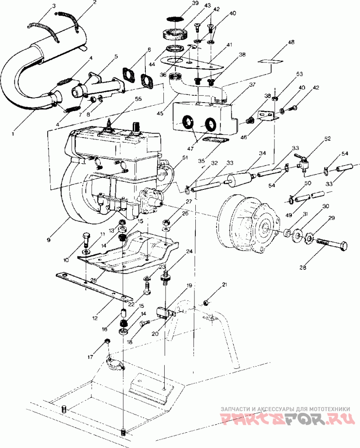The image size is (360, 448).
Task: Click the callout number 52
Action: click(x=327, y=139)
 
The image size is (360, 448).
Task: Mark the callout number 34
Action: click(x=262, y=153)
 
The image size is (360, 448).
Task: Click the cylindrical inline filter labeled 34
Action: click(x=238, y=179)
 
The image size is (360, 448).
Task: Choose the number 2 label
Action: click(x=94, y=3)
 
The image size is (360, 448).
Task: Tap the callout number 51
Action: click(x=184, y=157)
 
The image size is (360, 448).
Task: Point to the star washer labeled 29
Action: click(x=309, y=236)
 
